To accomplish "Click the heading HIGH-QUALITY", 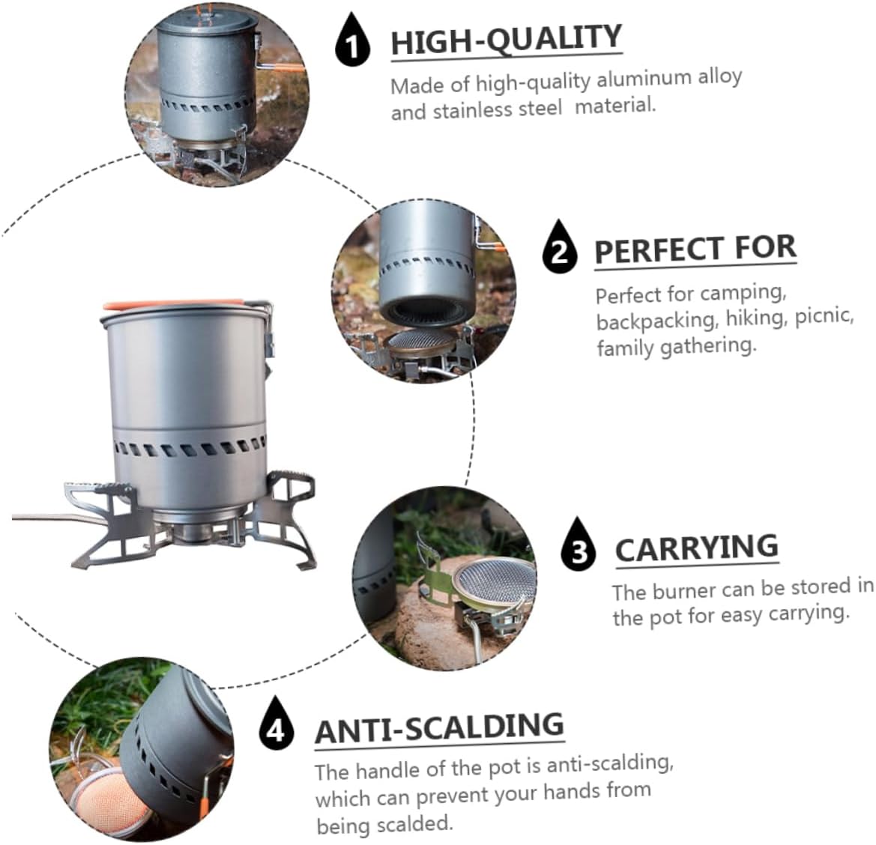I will click(506, 40).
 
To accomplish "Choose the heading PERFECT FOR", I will click(695, 249).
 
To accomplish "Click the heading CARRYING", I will click(696, 548).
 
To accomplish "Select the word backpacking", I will click(656, 320).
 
